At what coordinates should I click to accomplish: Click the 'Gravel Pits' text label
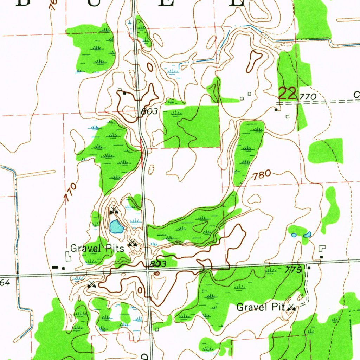point(97,249)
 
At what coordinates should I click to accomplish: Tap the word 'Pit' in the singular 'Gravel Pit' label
point(278,307)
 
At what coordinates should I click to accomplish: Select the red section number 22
point(287,94)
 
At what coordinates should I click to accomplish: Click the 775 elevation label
point(294,270)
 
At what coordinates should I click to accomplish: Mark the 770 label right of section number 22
point(308,97)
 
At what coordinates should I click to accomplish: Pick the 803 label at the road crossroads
point(157,264)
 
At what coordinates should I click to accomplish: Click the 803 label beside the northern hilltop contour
point(149,111)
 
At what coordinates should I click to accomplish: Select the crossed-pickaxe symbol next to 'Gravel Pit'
point(291,308)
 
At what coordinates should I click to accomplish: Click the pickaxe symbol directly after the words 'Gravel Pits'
point(133,243)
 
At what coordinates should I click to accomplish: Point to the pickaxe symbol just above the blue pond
point(113,211)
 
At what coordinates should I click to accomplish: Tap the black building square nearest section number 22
point(276,110)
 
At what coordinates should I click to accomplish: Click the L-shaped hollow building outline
point(322,248)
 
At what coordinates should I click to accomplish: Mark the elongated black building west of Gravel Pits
point(54,268)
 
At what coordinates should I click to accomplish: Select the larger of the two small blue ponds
point(307,234)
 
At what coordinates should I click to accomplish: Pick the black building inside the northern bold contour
point(124,93)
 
